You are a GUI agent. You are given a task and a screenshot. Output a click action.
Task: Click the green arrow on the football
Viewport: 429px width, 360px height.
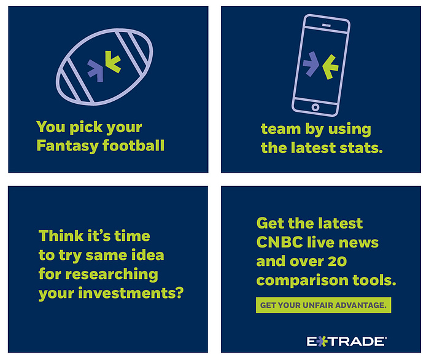click(x=112, y=61)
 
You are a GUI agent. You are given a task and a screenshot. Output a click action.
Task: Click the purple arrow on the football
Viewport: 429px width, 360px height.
click(x=95, y=71)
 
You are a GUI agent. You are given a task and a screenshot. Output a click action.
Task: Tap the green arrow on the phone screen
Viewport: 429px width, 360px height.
click(x=331, y=67)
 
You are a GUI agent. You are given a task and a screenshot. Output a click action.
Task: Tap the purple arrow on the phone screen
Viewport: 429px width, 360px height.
click(x=311, y=64)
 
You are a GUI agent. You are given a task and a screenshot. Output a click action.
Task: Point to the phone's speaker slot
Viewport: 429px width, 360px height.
click(x=327, y=25)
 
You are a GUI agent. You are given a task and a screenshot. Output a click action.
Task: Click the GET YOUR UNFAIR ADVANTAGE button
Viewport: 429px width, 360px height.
click(x=323, y=305)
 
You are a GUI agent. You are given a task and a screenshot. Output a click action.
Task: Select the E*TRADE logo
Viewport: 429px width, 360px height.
click(x=347, y=342)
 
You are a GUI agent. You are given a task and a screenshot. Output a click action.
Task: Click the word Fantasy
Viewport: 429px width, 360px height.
click(x=68, y=146)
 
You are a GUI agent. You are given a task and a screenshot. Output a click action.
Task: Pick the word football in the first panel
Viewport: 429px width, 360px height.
click(x=134, y=145)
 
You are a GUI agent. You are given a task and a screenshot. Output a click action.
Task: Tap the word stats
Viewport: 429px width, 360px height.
click(x=361, y=148)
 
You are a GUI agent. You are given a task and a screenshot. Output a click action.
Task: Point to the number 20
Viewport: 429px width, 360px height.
click(x=337, y=262)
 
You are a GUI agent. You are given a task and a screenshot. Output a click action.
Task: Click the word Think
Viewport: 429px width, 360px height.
click(x=61, y=236)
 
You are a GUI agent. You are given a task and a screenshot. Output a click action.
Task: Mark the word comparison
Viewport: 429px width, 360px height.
click(x=302, y=281)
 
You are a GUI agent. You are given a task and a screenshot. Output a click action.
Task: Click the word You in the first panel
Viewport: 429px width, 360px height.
click(x=51, y=127)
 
